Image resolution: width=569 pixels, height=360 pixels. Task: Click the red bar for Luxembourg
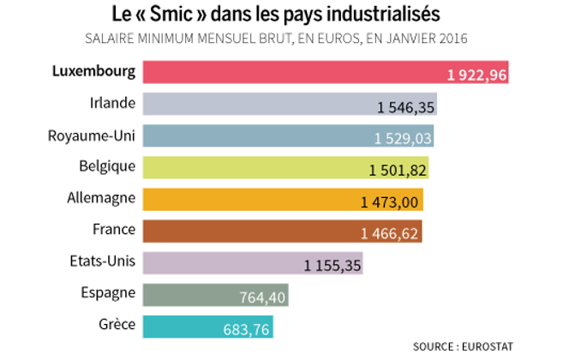pos(291,72)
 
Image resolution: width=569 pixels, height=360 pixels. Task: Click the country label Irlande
pos(112,103)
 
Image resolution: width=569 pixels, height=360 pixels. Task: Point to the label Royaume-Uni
pos(93,135)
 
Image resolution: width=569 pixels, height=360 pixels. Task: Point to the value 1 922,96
pos(477,75)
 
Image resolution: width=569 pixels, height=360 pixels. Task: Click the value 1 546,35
pos(406,106)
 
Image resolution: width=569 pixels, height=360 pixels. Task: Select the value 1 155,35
pos(332,265)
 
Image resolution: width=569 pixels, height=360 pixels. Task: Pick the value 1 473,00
pos(391,201)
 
